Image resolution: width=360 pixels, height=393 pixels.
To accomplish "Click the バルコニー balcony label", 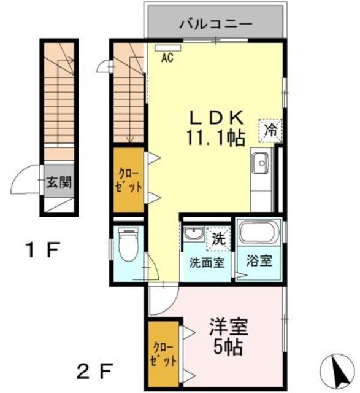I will coord(216,25).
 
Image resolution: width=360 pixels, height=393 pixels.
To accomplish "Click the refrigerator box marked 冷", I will coord(270,129).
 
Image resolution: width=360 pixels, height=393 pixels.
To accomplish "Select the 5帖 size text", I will coord(228,347).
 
